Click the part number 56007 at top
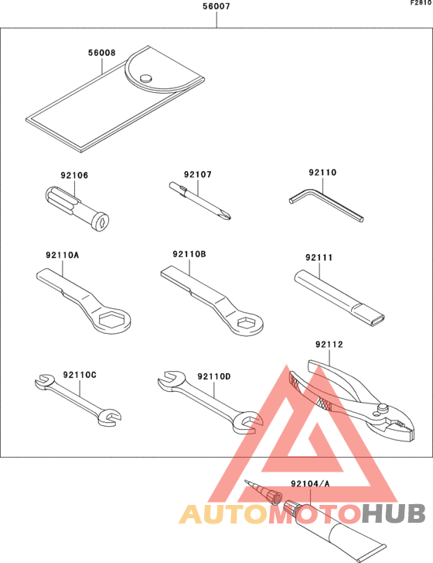coord(216,7)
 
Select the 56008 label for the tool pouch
coord(101,53)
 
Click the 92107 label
coord(196,176)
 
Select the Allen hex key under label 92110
coord(325,206)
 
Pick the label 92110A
coord(60,254)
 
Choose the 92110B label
coord(189,254)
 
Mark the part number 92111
coord(317,257)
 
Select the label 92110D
coord(214,376)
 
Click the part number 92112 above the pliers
coord(328,345)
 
